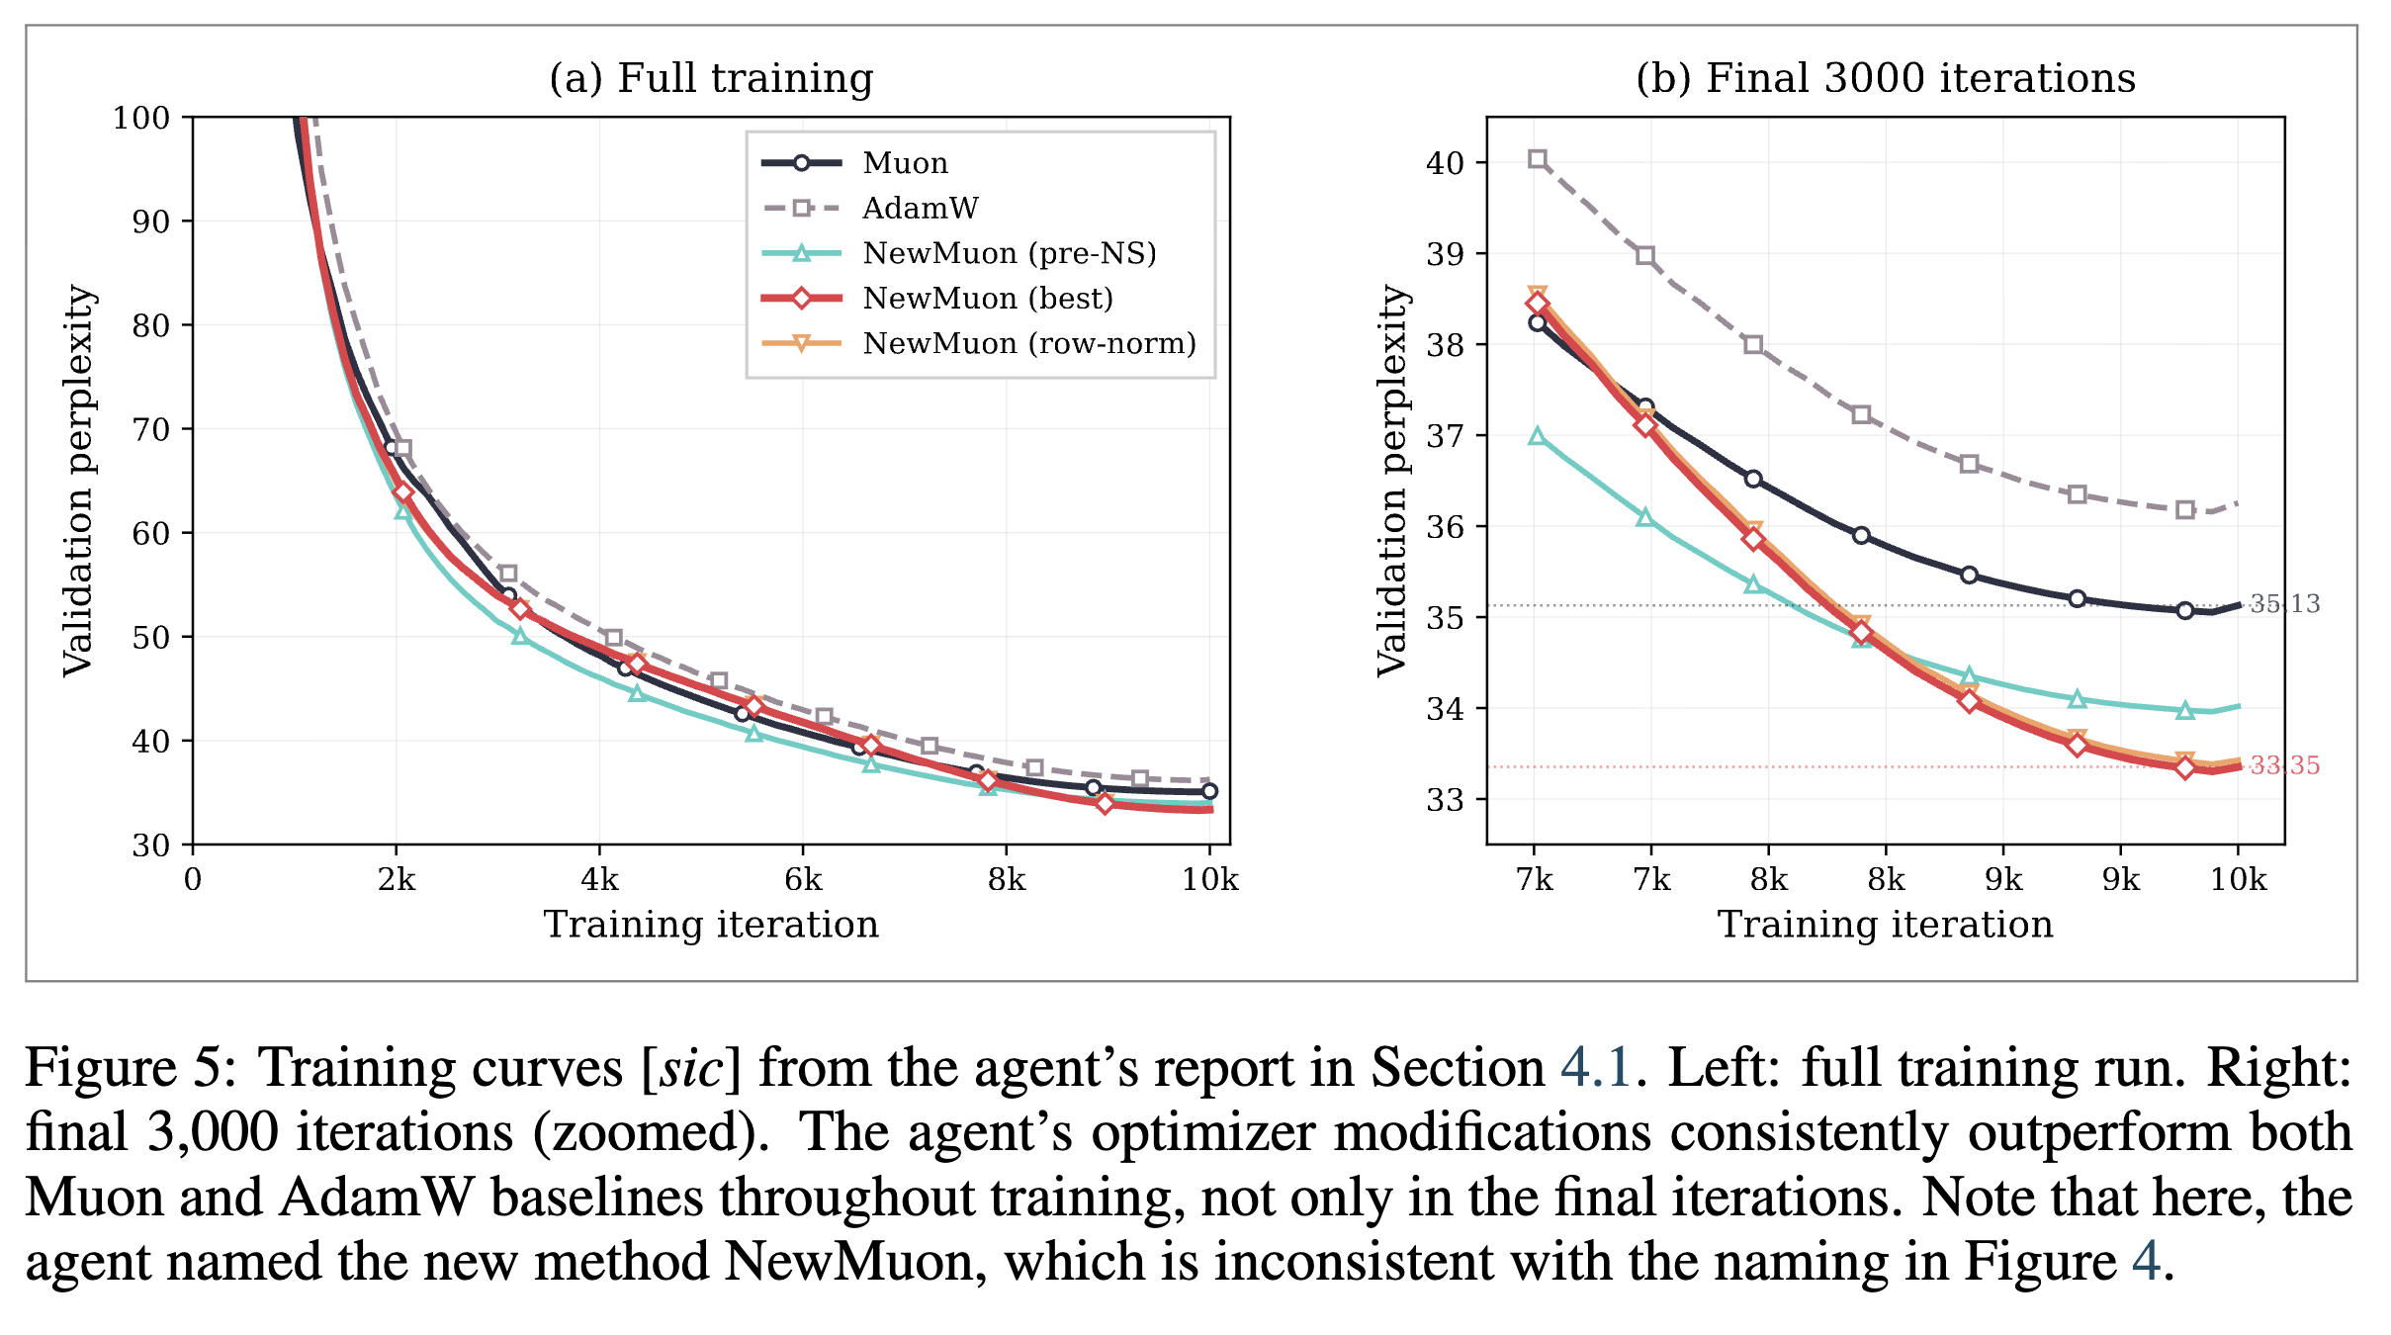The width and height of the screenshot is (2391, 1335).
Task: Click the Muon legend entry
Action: (905, 163)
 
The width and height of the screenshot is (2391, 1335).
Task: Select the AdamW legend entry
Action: (920, 209)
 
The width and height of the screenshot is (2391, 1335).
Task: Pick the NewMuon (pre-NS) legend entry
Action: (1009, 254)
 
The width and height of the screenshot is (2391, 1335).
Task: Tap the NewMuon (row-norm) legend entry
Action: (1028, 344)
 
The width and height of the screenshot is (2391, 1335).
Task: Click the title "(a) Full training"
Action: (711, 78)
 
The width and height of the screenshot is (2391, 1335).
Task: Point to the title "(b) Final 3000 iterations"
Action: (1885, 78)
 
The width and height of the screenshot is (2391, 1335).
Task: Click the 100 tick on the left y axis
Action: (141, 118)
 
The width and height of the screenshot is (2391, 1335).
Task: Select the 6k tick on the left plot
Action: (803, 879)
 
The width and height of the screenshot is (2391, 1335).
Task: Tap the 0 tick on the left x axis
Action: (193, 879)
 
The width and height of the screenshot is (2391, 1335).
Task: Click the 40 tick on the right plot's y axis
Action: (1445, 163)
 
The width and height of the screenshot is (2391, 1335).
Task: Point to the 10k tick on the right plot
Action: (2239, 879)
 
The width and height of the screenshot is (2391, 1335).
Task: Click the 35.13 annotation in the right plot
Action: (2284, 604)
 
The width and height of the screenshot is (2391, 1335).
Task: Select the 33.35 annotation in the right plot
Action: (2284, 765)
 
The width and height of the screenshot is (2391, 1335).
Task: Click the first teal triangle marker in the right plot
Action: (1537, 436)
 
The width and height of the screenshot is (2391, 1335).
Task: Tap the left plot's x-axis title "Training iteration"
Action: (711, 925)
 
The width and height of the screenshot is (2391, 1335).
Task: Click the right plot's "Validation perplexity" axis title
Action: (1392, 481)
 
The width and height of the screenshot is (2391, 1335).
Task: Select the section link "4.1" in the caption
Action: (1595, 1069)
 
